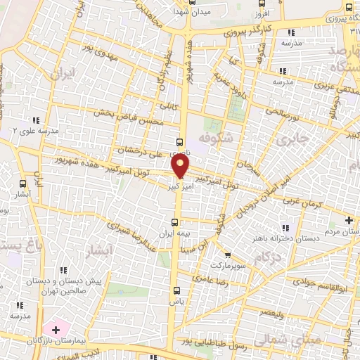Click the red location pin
(181, 166)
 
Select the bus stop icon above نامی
(181, 141)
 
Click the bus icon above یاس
(176, 289)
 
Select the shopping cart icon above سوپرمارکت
(226, 255)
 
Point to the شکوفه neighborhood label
(214, 134)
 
